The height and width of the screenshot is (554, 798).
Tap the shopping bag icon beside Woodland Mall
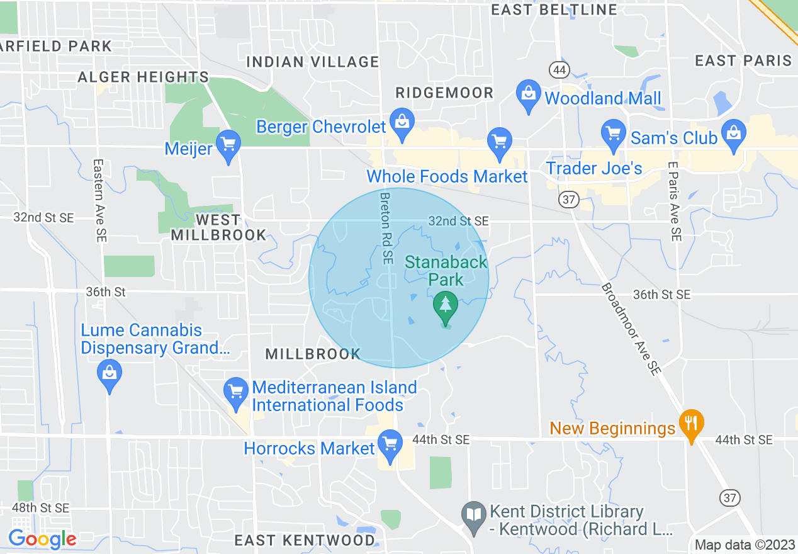click(529, 94)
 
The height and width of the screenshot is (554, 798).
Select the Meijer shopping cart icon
click(228, 145)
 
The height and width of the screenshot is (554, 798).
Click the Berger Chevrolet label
click(321, 127)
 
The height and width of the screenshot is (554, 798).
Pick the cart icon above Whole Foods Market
click(500, 142)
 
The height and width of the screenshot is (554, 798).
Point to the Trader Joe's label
click(594, 169)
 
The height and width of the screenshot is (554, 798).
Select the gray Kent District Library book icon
click(474, 516)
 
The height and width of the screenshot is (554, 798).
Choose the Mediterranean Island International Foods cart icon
click(236, 392)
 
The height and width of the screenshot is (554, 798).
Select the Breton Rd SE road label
click(386, 228)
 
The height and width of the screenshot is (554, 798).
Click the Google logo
click(42, 539)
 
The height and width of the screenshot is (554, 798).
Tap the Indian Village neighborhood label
click(313, 62)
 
